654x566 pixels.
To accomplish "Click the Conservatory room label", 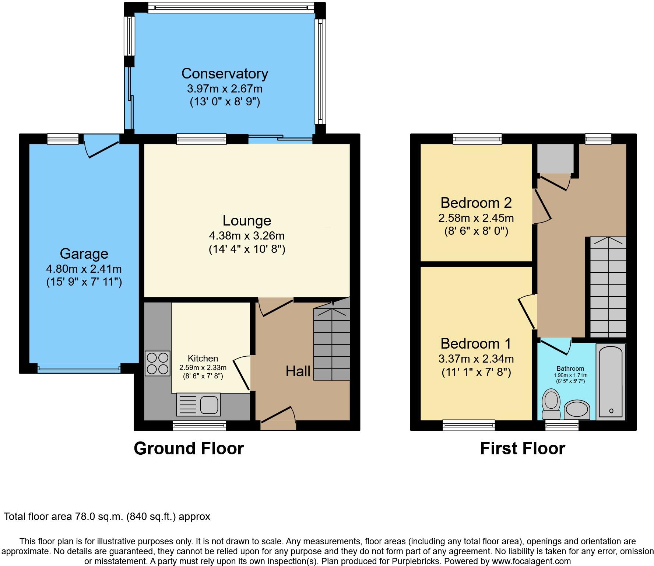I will [225, 74].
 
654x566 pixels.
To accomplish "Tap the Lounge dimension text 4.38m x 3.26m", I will [247, 235].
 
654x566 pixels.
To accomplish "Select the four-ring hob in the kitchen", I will [158, 363].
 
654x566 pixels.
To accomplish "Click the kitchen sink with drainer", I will [198, 404].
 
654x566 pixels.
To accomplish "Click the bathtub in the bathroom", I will [611, 381].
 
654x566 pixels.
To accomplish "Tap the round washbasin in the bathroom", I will [577, 409].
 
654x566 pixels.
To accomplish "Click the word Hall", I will [298, 371].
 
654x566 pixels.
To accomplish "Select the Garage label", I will [84, 254].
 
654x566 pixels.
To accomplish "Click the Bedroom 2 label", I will [476, 203].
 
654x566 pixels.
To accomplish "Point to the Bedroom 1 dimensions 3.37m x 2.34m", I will [476, 359].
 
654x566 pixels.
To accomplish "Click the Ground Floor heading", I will [189, 448].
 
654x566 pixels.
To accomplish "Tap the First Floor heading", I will [522, 448].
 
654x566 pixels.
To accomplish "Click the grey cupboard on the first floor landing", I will [555, 158].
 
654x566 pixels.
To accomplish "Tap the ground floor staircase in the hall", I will [331, 345].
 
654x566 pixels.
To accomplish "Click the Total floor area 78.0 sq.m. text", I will [107, 517].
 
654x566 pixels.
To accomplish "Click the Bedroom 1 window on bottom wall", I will [469, 425].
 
